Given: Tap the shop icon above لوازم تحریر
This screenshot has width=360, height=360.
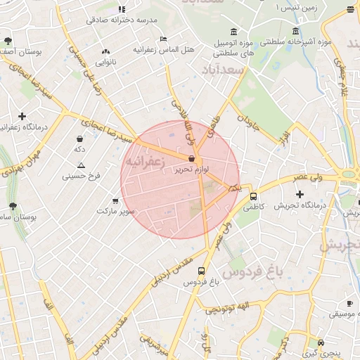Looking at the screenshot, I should tap(192, 160).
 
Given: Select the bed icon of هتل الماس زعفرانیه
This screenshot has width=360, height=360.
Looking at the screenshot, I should tap(163, 39).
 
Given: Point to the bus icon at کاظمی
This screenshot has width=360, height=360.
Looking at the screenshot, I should tap(253, 197).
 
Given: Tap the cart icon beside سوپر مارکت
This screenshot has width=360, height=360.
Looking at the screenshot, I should tap(115, 200).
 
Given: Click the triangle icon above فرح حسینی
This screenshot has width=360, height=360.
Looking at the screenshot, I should tap(82, 165).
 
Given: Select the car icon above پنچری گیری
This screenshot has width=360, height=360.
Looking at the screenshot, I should tap(321, 342).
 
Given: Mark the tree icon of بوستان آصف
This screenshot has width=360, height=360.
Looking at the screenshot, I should tap(8, 41).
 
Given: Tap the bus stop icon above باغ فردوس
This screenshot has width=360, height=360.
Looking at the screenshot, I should tap(202, 271).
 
